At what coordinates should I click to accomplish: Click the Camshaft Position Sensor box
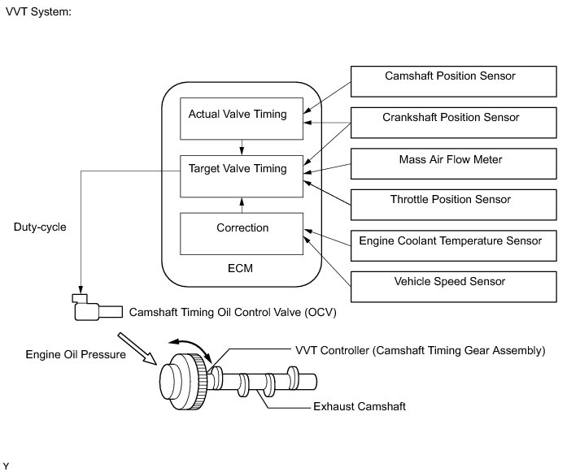(x=453, y=81)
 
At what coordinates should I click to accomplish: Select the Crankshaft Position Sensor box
(x=453, y=123)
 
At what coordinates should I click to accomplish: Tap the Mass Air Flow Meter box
(x=453, y=163)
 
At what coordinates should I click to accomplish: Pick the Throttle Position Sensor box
(x=453, y=205)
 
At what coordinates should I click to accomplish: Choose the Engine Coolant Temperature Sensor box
(x=453, y=245)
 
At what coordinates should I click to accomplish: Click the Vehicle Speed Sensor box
(x=453, y=287)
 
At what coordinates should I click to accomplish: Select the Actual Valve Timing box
(x=242, y=119)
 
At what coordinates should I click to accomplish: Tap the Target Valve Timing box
(x=242, y=176)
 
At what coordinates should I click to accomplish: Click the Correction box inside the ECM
(x=242, y=234)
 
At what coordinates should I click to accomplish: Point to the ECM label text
(x=241, y=268)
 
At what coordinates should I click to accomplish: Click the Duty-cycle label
(x=40, y=227)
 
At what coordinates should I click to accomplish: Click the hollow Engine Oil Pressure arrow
(x=137, y=349)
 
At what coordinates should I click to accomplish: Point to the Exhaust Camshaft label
(x=360, y=407)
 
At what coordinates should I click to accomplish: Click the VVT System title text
(x=38, y=12)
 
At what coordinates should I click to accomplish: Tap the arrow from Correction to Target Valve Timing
(x=242, y=206)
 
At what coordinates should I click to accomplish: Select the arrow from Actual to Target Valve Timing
(x=242, y=147)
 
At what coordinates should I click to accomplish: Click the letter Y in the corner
(x=6, y=466)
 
